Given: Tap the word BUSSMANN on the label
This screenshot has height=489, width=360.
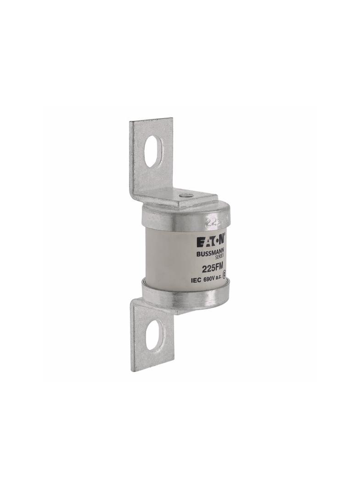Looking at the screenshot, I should [x=210, y=253].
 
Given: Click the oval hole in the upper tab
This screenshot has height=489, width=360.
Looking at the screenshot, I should [x=152, y=152].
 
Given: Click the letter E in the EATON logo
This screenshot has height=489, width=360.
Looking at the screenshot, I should [x=199, y=241].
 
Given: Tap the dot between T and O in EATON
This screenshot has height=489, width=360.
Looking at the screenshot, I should [x=215, y=241].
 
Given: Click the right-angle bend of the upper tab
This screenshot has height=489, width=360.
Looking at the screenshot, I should [x=138, y=195].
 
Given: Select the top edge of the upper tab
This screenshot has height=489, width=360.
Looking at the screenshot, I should [x=151, y=120].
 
